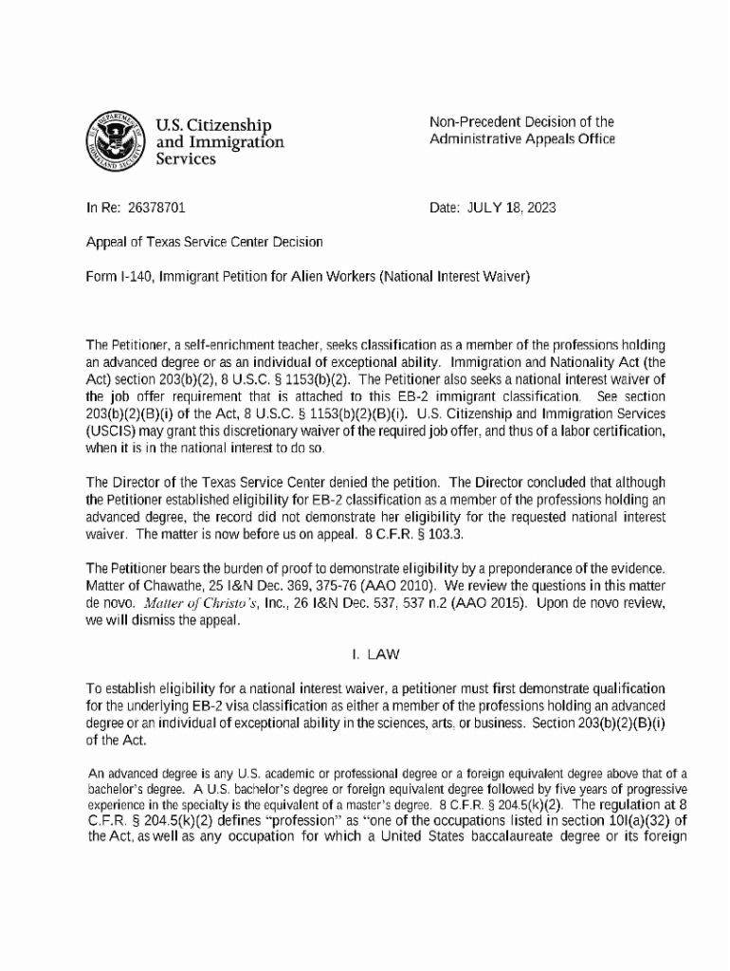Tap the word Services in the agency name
coord(186,159)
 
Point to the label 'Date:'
coord(444,206)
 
